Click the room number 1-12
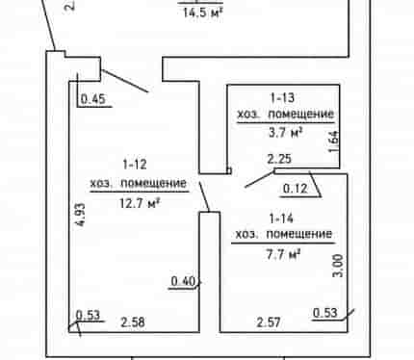tap(135, 165)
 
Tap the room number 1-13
tap(283, 98)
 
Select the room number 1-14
tap(281, 219)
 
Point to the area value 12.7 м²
tap(140, 203)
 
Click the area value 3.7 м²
tap(286, 133)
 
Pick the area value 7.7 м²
tap(284, 254)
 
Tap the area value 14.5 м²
tap(203, 13)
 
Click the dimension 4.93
tap(81, 215)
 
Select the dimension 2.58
tap(133, 322)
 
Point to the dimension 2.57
tap(269, 322)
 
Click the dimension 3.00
tap(339, 266)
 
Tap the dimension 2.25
tap(279, 159)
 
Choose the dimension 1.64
tap(334, 141)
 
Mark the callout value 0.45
tap(93, 99)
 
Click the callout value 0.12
tap(296, 189)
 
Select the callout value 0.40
tap(183, 281)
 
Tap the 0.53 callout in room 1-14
tap(325, 313)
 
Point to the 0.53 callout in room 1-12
tap(88, 315)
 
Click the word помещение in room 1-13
tap(301, 115)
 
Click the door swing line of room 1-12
tap(125, 81)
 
